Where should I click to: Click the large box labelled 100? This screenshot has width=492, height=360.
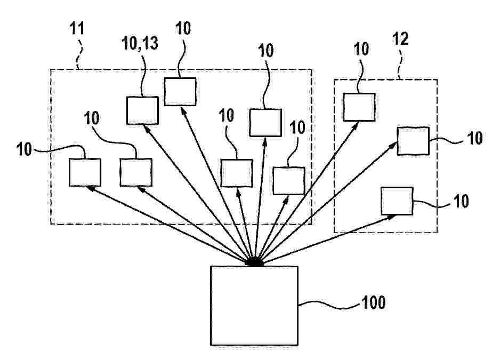[x=254, y=305]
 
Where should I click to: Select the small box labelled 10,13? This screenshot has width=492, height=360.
[x=142, y=110]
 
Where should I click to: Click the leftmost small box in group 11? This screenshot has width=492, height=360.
[x=85, y=173]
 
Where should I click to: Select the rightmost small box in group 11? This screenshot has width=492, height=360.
[x=288, y=180]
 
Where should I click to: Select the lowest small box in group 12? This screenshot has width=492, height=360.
[x=397, y=201]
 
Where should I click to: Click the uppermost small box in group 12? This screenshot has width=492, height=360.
[x=359, y=107]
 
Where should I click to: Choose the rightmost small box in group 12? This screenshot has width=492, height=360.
[x=413, y=140]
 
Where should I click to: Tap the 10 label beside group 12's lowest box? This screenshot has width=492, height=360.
[x=461, y=201]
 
